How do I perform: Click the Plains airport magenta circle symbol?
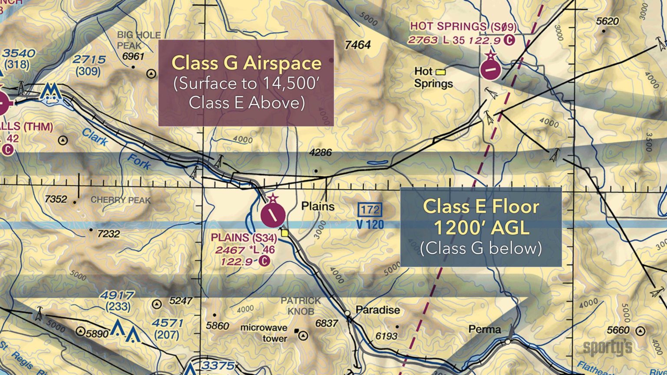point(273,215)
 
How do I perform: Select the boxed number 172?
point(370,210)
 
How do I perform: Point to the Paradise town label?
point(377,310)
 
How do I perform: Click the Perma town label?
point(485,329)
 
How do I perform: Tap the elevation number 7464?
point(357,45)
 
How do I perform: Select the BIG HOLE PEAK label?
point(138,40)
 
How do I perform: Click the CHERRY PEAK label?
point(121,200)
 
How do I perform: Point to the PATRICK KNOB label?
point(300,306)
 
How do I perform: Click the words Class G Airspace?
point(246,63)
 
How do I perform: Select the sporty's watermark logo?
point(607,347)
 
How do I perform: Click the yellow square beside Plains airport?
point(285,233)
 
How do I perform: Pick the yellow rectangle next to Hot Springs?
point(441,72)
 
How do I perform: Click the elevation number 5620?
point(607,21)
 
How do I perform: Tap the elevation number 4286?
point(320,153)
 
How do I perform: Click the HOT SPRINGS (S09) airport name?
point(463,26)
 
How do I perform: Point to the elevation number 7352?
point(56,199)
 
